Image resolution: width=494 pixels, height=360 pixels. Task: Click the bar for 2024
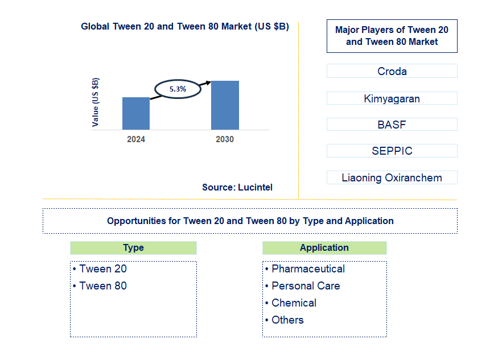coord(136,113)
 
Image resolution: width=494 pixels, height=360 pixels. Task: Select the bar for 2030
coord(225,105)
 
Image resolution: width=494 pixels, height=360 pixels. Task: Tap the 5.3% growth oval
coord(178,89)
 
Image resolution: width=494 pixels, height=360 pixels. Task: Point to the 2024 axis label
coord(136,139)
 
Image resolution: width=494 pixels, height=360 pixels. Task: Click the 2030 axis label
coord(225,139)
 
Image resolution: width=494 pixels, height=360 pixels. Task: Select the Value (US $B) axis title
coord(96,102)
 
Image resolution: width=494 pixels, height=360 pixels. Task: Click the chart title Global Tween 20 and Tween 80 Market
coord(185,26)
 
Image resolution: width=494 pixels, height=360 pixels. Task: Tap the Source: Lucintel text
coord(237,187)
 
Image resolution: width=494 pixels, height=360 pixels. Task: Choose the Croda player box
coord(392,71)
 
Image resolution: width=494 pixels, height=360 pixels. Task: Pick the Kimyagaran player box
coord(392,98)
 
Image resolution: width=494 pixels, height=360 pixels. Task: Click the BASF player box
coord(392,125)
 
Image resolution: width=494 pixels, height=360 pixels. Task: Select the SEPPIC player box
coord(392,151)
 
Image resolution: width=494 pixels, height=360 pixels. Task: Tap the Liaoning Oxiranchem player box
coord(392,177)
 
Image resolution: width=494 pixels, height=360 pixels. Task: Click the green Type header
coord(133,248)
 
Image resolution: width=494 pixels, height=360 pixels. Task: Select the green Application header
coord(324,248)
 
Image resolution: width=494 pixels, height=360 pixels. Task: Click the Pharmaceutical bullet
coord(308,269)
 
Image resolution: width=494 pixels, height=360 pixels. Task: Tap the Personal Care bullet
coord(306,286)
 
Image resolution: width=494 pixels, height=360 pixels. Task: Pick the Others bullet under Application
coord(287,320)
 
